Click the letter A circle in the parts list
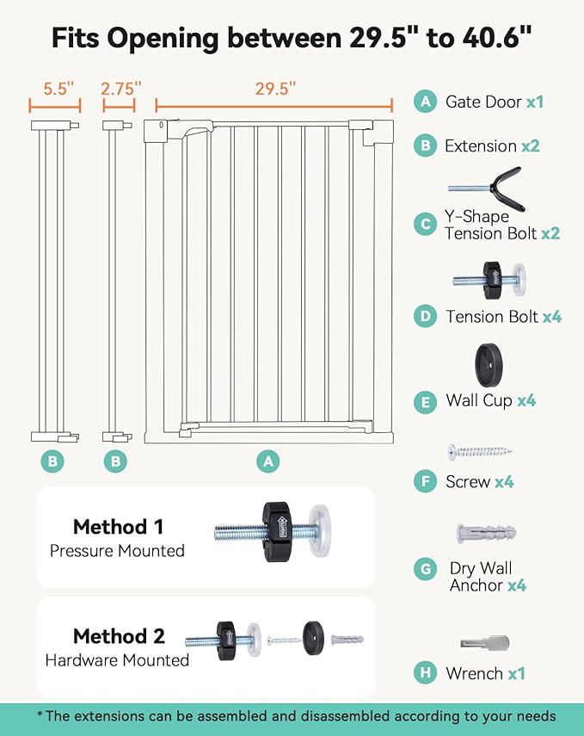coord(424,102)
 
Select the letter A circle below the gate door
coord(268,461)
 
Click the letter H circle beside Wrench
coord(424,673)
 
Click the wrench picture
coord(484,643)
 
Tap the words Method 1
coord(118,527)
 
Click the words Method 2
coord(118,636)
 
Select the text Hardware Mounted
coord(117,660)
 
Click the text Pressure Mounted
coord(117,551)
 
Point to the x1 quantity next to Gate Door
coord(534,102)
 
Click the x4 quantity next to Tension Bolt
coord(551,317)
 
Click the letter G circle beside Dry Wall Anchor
coord(424,570)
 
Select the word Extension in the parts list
coord(480,146)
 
